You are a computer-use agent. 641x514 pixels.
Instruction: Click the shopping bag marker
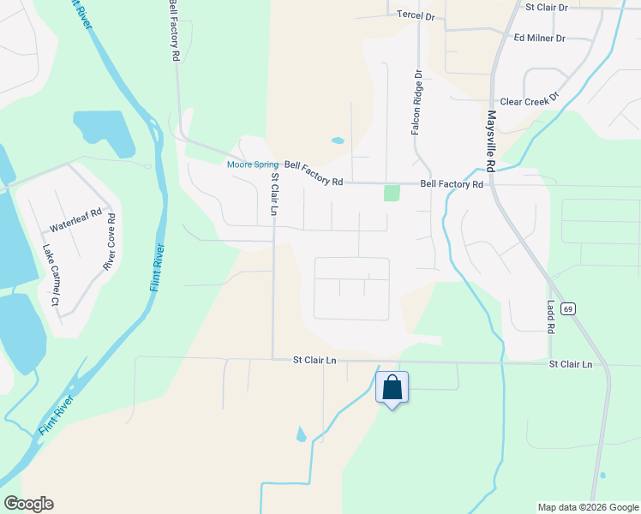pyautogui.click(x=392, y=387)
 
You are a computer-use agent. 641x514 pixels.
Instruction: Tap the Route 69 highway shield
pyautogui.click(x=567, y=308)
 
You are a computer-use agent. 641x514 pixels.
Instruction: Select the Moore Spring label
pyautogui.click(x=252, y=164)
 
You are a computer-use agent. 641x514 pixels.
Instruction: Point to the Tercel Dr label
pyautogui.click(x=416, y=15)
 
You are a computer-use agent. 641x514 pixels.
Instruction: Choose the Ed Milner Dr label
pyautogui.click(x=539, y=39)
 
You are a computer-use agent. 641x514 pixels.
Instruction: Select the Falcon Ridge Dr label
pyautogui.click(x=416, y=102)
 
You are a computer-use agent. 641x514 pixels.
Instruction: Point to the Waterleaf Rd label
pyautogui.click(x=75, y=221)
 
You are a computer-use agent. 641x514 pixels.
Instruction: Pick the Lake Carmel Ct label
pyautogui.click(x=50, y=275)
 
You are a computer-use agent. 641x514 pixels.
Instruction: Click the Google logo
pyautogui.click(x=28, y=504)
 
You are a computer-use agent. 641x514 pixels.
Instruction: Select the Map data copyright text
pyautogui.click(x=588, y=507)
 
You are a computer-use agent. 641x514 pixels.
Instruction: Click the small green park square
pyautogui.click(x=392, y=193)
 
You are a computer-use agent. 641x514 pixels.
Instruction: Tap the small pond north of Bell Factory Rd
pyautogui.click(x=338, y=140)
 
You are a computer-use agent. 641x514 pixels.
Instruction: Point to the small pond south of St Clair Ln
pyautogui.click(x=301, y=434)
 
